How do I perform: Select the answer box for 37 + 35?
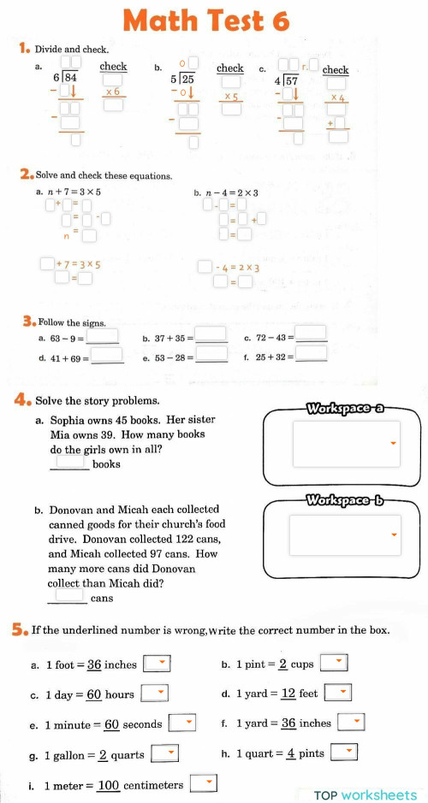(x=211, y=335)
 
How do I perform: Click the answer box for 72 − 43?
(x=312, y=334)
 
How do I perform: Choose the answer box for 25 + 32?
(x=312, y=353)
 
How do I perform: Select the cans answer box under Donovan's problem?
(x=70, y=595)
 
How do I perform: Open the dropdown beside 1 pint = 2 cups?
(x=340, y=663)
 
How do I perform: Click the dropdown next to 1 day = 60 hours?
(x=154, y=694)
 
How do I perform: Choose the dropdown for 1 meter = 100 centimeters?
(x=203, y=783)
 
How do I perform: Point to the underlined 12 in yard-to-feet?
(x=288, y=694)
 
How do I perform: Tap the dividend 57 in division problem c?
(x=291, y=81)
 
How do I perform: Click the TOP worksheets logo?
(x=366, y=794)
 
